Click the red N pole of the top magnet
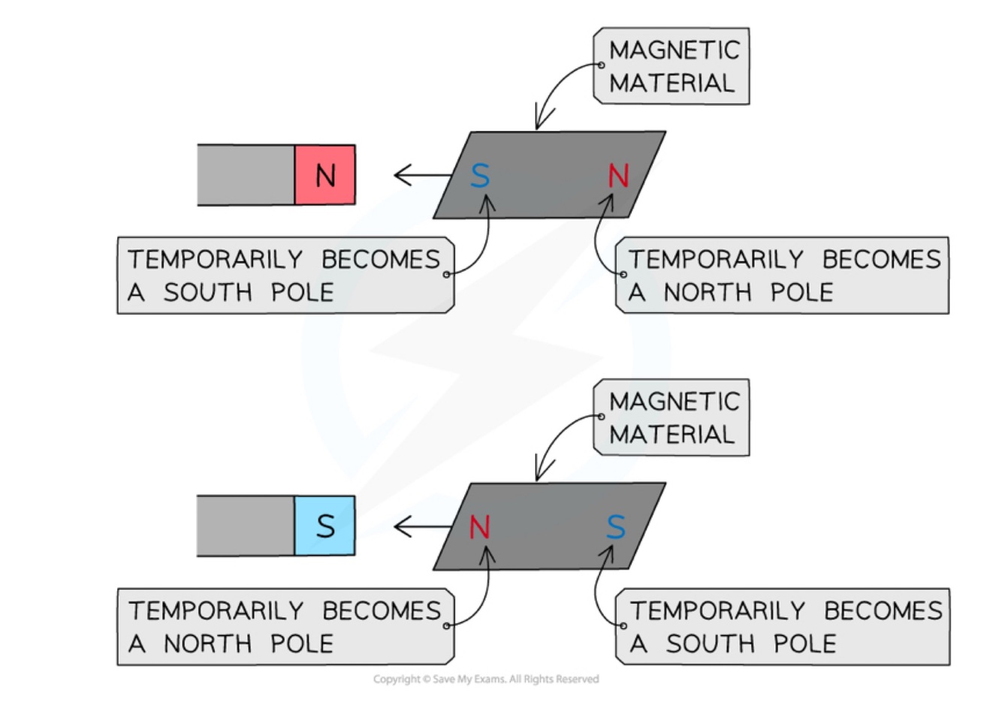point(324,175)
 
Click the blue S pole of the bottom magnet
point(324,526)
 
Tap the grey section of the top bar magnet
point(246,175)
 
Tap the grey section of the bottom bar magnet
point(246,526)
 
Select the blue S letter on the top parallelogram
point(480,176)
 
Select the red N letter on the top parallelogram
point(617,176)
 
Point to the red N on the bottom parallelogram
point(480,528)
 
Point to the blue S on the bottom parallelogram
point(616,528)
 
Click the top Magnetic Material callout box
point(672,66)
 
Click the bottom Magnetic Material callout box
point(672,417)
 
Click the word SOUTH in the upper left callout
point(208,292)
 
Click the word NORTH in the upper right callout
point(708,292)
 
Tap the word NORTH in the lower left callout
point(208,643)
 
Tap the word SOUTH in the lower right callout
point(710,643)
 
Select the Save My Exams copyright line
point(486,679)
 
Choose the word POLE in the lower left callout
point(302,643)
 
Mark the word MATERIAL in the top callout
point(672,83)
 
